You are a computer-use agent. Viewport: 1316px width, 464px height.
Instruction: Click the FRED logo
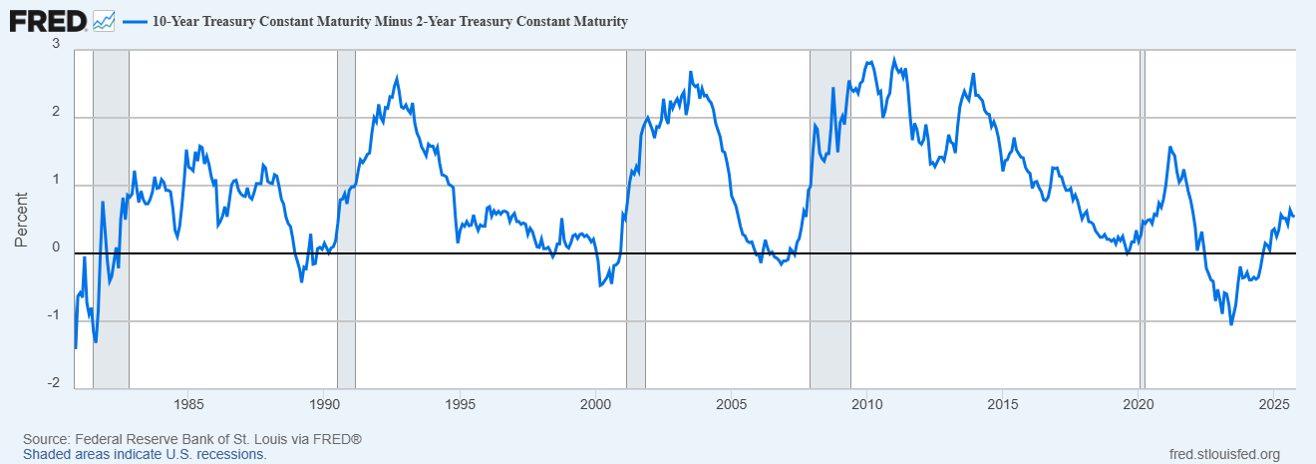coord(47,20)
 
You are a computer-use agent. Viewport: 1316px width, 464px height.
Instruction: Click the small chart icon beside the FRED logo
coord(104,20)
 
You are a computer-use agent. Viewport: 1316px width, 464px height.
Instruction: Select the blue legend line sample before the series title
coord(134,21)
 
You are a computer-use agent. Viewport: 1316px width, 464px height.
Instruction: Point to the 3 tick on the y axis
coord(56,45)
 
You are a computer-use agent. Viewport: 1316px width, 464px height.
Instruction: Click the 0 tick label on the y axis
coord(56,248)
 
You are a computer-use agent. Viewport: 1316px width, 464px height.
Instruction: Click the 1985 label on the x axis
coord(188,404)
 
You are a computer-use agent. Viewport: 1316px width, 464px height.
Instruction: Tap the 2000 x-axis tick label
coord(595,404)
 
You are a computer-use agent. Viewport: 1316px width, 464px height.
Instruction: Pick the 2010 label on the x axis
coord(866,404)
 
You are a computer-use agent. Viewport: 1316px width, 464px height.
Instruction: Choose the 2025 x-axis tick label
coord(1273,404)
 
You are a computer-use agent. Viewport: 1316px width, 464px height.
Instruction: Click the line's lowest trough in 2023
coord(1231,324)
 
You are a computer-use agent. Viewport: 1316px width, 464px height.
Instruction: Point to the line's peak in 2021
coord(1169,148)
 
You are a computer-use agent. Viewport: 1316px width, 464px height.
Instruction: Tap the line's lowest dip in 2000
coord(600,286)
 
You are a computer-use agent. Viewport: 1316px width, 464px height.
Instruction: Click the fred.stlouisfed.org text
coord(1223,454)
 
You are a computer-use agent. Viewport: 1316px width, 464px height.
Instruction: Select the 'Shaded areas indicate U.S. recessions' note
coord(145,454)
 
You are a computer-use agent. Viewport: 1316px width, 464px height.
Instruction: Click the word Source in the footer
coord(45,440)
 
